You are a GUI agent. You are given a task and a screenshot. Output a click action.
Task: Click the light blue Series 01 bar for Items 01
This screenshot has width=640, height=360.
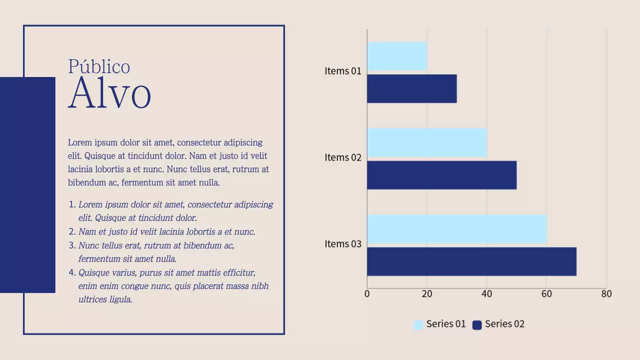397,56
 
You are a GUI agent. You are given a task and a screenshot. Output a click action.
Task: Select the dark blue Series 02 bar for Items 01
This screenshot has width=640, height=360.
412,88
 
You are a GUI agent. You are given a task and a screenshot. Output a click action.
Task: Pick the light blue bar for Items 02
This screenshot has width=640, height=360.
427,142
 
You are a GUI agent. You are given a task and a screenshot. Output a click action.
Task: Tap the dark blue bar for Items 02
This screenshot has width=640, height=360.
442,175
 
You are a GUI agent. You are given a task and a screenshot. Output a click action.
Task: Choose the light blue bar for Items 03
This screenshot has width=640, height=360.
457,229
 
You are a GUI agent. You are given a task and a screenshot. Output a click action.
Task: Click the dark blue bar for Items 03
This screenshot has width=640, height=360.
472,261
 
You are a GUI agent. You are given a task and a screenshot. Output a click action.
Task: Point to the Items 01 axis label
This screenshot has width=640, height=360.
343,71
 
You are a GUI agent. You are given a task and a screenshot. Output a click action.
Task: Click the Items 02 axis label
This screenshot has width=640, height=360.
343,157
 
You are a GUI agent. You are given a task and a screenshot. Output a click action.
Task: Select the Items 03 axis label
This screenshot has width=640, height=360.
343,244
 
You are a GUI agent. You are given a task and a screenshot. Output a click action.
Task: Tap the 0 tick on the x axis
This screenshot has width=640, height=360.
367,294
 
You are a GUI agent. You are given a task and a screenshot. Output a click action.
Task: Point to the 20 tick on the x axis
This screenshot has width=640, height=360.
427,294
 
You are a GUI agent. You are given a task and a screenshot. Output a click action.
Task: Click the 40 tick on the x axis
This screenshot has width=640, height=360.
487,294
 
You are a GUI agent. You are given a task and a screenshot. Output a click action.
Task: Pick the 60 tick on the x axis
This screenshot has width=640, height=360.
546,294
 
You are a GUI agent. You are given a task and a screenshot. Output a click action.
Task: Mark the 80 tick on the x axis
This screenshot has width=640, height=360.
606,294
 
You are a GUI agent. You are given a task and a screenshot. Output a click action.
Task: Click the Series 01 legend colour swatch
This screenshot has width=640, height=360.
418,325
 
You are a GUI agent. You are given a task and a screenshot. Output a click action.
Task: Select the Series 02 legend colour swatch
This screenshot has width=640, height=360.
477,325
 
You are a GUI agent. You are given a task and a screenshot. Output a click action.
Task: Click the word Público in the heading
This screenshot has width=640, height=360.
99,67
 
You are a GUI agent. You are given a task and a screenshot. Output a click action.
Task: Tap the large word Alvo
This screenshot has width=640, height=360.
109,93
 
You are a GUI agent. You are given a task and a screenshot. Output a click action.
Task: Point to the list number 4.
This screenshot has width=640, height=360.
72,273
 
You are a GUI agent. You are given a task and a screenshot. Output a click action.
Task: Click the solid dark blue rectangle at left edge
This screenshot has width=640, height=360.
27,185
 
